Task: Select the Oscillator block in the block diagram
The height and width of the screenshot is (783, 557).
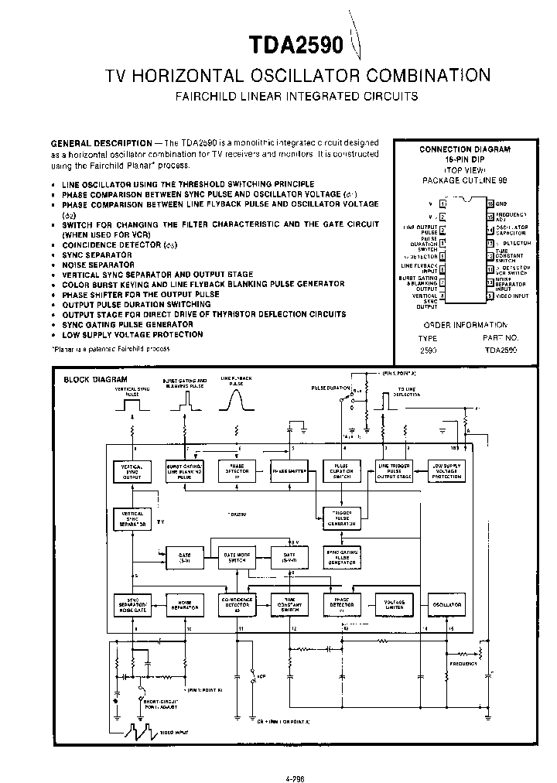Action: coord(446,604)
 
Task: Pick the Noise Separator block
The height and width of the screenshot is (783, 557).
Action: coord(186,604)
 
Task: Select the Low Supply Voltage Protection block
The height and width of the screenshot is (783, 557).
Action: coord(446,472)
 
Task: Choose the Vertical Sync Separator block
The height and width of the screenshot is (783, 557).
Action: coord(132,519)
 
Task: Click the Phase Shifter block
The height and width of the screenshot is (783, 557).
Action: coord(289,472)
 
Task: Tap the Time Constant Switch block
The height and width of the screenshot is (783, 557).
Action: coord(289,604)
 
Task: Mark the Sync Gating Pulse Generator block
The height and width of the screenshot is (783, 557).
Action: coord(341,556)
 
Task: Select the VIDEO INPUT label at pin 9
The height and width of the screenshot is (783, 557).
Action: coord(511,296)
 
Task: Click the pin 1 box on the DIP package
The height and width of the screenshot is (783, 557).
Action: coord(443,202)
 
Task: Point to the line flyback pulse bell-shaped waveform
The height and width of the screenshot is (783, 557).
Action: coord(238,400)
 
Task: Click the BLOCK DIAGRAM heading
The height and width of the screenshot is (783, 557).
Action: coord(95,379)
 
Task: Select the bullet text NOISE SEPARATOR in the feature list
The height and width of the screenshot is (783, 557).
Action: coord(98,265)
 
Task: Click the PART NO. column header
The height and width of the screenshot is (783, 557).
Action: coord(501,338)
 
